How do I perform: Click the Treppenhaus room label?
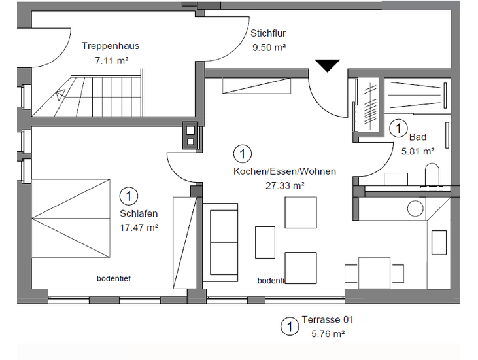coord(111,46)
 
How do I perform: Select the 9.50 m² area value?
coord(269,47)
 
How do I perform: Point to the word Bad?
coord(417,137)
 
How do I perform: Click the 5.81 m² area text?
coord(418,151)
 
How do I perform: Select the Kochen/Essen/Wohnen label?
coord(285,171)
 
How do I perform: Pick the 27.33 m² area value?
coord(285,185)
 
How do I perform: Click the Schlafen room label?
coord(139,213)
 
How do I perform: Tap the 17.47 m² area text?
coord(139,227)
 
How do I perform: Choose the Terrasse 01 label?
coord(328,321)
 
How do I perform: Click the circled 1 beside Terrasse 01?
coord(287,326)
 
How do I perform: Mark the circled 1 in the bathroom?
coord(398,128)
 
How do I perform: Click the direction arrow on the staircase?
coord(61,94)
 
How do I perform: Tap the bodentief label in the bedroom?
coord(114,278)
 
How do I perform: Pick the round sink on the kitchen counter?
coord(415,209)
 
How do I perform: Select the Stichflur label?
coord(268,33)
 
